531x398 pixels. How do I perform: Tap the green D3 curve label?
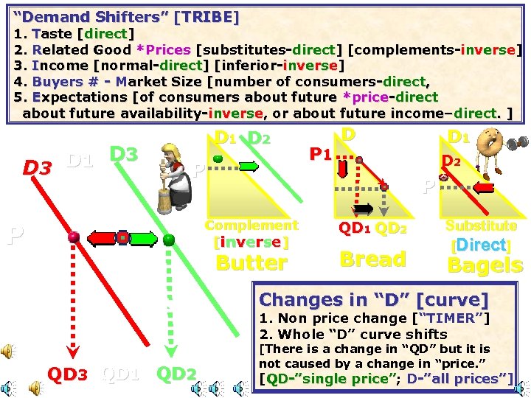(x=124, y=154)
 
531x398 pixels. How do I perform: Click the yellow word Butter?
(x=251, y=262)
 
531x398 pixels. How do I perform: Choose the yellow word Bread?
(x=372, y=259)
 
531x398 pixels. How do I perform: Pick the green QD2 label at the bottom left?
(x=176, y=374)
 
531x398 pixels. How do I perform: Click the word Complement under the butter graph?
(x=251, y=225)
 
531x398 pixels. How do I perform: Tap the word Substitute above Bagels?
(x=481, y=226)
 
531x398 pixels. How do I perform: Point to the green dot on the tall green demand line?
(x=169, y=239)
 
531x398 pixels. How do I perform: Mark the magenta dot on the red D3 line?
(x=73, y=237)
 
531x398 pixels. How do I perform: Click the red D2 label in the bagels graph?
(x=451, y=159)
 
